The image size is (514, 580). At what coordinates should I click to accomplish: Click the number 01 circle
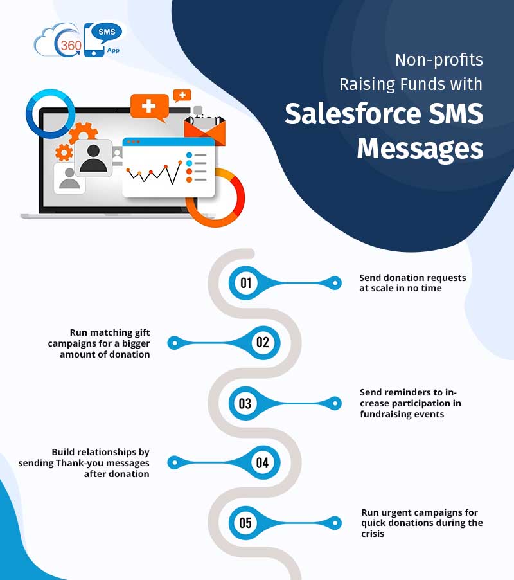[245, 283]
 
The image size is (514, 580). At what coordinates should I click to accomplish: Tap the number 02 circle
[262, 343]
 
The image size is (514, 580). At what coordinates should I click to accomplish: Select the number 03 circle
[245, 404]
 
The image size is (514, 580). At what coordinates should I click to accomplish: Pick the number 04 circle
[262, 462]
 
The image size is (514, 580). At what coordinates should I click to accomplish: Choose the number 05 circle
[245, 523]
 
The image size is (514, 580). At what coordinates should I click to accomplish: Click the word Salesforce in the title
[344, 114]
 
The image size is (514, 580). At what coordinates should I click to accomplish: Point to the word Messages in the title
[420, 149]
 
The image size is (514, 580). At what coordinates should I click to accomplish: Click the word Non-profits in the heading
[439, 60]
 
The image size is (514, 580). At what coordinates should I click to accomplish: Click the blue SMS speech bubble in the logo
[107, 31]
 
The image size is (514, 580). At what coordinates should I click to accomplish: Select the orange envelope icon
[205, 131]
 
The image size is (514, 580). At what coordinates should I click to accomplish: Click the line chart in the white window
[154, 172]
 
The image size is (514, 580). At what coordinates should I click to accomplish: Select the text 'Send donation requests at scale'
[412, 283]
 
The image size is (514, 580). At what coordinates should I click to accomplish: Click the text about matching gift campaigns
[99, 343]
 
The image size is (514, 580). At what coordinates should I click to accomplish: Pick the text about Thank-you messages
[101, 463]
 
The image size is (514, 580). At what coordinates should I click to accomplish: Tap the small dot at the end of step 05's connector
[333, 523]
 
